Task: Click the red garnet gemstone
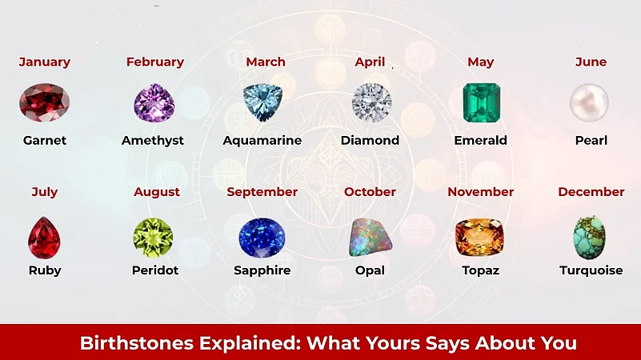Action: coord(45,104)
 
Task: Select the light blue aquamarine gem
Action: coord(262,102)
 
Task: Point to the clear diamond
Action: coord(371,103)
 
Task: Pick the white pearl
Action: coord(590,103)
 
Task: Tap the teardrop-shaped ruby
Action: coord(45,237)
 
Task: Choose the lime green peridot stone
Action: coord(153,237)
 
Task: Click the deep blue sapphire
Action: coord(262,237)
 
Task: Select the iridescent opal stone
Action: coord(370,237)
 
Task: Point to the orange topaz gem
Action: coord(479,237)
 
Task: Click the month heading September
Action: coord(262,192)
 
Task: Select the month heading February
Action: coord(154,62)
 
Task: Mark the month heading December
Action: coord(591,192)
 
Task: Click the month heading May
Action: coord(480,62)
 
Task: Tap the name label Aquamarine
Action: coord(262,140)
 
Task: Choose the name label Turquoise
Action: coord(591,270)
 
